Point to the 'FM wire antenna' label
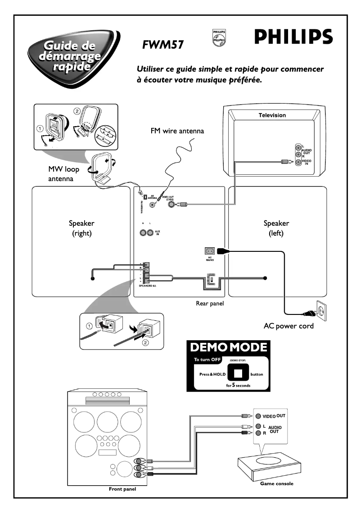(177, 131)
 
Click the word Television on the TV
(272, 115)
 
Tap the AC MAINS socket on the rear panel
(210, 250)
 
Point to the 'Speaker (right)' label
(81, 228)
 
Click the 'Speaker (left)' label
(276, 228)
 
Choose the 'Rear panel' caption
(210, 304)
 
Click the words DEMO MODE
(229, 347)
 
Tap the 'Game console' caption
(276, 483)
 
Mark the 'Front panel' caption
(122, 489)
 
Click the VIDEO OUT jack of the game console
(258, 416)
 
